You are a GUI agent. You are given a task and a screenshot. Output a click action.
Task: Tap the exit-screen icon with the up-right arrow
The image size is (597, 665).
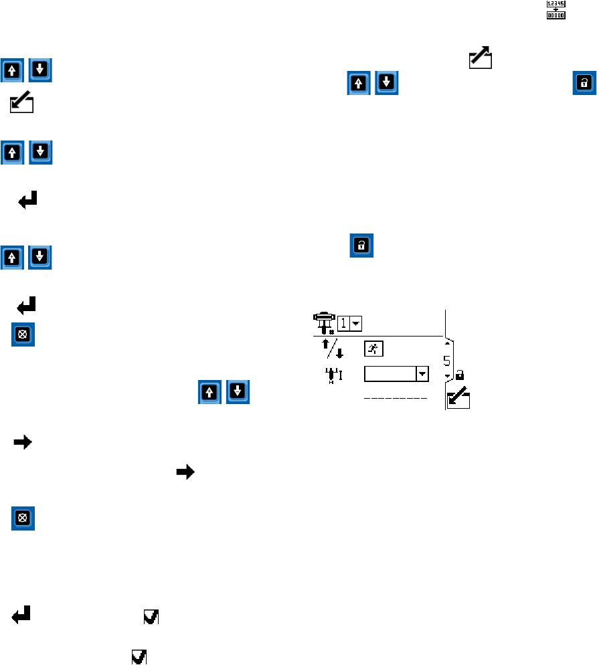[x=480, y=58]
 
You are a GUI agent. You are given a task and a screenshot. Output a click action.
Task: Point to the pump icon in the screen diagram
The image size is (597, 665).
[x=324, y=322]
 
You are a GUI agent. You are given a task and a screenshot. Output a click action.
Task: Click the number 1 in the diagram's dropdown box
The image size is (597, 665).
[x=342, y=322]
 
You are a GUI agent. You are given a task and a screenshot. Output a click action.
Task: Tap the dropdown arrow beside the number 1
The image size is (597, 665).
[x=355, y=323]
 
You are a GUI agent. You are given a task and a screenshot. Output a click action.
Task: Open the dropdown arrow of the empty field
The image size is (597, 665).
[x=422, y=374]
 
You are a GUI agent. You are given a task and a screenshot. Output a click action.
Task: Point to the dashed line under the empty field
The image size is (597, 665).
[x=396, y=399]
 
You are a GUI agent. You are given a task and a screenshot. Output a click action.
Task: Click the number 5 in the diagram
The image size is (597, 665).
[x=446, y=362]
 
